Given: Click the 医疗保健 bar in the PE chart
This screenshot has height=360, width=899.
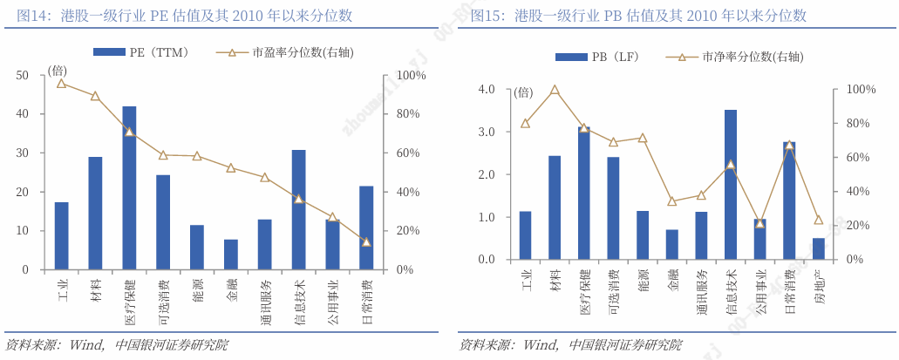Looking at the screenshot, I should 129,187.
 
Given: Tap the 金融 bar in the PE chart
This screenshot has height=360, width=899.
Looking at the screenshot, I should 231,254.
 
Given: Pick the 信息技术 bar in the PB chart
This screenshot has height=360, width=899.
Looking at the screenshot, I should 731,185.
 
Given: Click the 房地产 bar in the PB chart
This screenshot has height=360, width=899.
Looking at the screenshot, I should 819,248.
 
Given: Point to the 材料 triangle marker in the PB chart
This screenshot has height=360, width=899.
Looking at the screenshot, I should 555,90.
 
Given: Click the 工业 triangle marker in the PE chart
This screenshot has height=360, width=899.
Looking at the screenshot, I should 61,83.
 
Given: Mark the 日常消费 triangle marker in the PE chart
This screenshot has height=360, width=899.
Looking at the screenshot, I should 366,241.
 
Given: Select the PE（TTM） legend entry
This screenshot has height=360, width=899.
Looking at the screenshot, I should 140,52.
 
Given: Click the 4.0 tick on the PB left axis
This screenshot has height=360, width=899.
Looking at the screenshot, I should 487,90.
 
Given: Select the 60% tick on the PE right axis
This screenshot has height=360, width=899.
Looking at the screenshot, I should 411,153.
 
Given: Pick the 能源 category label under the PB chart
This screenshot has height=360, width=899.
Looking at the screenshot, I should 643,282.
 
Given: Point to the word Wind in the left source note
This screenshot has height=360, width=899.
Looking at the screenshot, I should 85,344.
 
